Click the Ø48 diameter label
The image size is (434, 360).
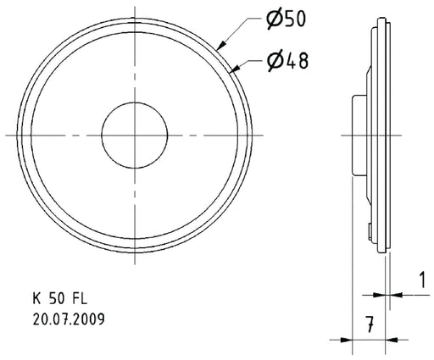tap(282, 60)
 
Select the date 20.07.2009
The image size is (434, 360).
tap(70, 320)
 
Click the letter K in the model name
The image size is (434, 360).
tap(36, 299)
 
